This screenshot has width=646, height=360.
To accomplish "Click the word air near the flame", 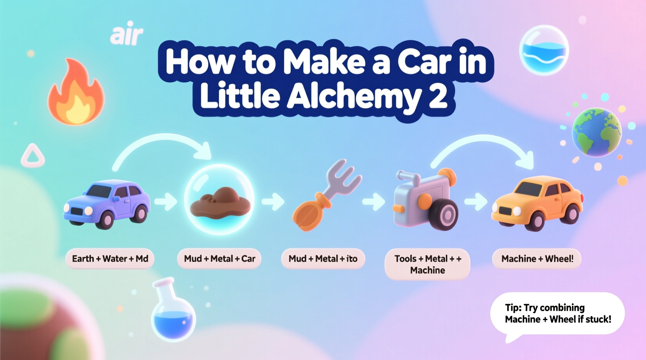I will [127, 35].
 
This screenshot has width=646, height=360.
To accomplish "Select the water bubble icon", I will [544, 50].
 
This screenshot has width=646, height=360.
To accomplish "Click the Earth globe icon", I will [596, 132].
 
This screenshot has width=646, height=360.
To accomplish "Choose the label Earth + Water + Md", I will [110, 259].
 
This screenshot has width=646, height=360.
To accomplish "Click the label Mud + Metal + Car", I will [219, 259].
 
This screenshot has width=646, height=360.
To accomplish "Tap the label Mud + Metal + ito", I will [323, 259].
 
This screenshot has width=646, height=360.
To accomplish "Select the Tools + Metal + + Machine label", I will [427, 264].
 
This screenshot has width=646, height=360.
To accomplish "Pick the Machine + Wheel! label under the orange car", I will [537, 259].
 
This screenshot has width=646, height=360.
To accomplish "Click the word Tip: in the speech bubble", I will [513, 308].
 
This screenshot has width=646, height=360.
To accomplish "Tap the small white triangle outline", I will [33, 156].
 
